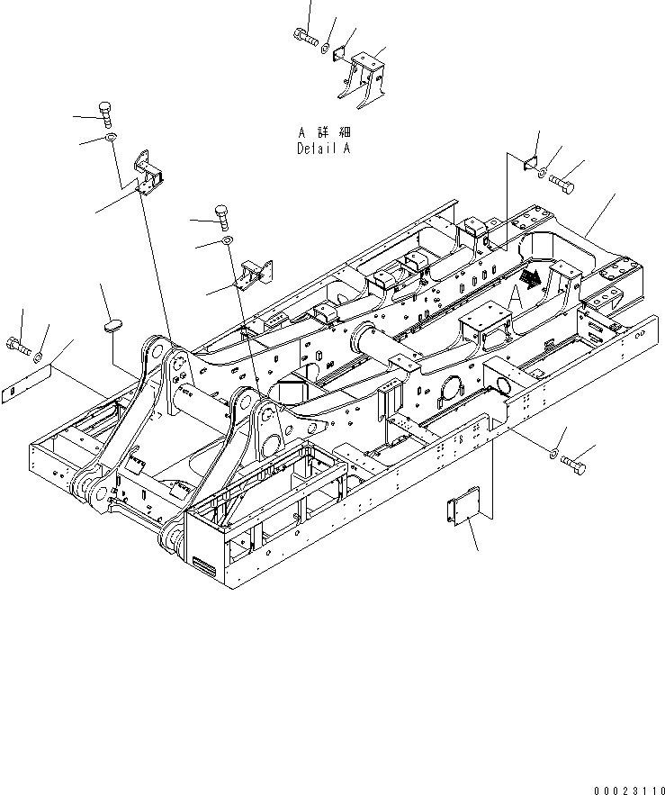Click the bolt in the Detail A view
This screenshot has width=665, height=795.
[x=306, y=37]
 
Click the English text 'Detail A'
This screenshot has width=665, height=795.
[x=323, y=149]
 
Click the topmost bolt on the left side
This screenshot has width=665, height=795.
[x=106, y=114]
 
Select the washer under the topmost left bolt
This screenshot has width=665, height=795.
[x=109, y=137]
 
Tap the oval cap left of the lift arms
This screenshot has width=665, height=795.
[x=112, y=325]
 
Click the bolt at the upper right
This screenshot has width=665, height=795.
[x=564, y=185]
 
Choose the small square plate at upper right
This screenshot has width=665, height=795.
[x=529, y=163]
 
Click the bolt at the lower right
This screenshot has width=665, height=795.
[x=574, y=463]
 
